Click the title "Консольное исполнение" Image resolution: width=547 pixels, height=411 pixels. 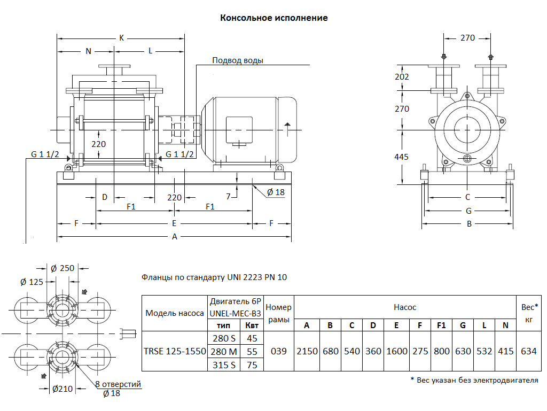click(x=274, y=18)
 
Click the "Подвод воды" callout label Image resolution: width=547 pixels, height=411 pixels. click(x=238, y=60)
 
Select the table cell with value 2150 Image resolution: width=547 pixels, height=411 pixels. click(x=307, y=352)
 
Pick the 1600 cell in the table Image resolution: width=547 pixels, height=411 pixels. click(x=396, y=352)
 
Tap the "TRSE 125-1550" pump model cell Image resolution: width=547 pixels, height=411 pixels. click(x=175, y=352)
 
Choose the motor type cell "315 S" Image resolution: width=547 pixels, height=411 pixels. click(x=224, y=365)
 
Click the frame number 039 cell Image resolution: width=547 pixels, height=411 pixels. click(x=278, y=352)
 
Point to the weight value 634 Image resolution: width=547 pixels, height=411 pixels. click(x=528, y=352)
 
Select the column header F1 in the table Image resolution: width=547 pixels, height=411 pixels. click(x=441, y=325)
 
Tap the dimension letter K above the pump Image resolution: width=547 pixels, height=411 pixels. click(x=121, y=38)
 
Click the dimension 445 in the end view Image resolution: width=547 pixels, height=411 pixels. click(x=401, y=157)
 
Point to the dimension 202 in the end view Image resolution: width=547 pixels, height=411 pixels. click(x=401, y=77)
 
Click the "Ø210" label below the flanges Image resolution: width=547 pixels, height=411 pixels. click(x=62, y=389)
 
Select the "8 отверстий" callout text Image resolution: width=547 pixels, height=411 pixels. click(x=118, y=384)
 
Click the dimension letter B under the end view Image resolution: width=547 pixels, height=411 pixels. click(x=470, y=224)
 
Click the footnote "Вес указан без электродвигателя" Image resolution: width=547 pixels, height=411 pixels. click(x=474, y=380)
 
